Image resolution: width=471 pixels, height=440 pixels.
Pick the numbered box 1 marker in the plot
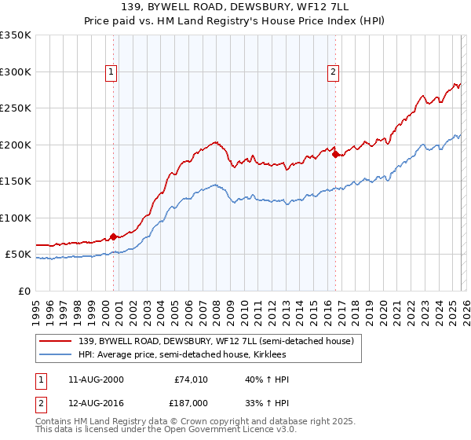pos(111,72)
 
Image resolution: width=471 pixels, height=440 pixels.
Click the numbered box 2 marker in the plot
pos(334,72)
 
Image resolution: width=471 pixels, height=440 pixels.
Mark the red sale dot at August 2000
pos(113,236)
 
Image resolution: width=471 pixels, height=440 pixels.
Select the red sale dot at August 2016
pos(335,154)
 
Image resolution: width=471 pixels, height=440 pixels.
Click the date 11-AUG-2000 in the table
pos(95,379)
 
